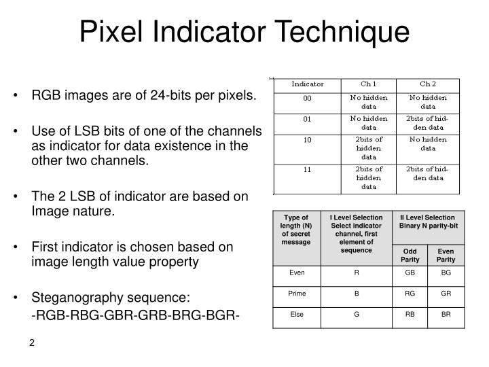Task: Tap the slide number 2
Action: click(x=32, y=343)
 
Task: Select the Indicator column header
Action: click(x=307, y=84)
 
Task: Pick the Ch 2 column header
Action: click(x=428, y=84)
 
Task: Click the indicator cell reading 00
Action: click(x=307, y=98)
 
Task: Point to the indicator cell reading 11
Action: click(x=307, y=169)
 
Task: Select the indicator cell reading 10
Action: click(x=307, y=141)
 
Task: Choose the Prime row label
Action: click(x=297, y=293)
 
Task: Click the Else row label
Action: click(x=297, y=315)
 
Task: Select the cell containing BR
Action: click(x=446, y=315)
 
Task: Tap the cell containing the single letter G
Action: click(x=356, y=315)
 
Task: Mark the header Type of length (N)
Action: click(x=297, y=229)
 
